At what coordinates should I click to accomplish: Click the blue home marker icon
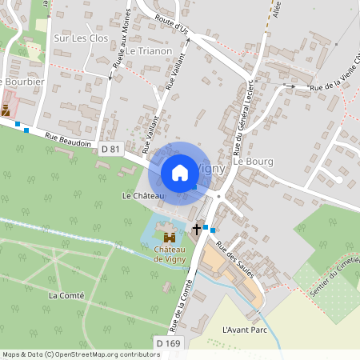point(180,172)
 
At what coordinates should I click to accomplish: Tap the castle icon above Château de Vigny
point(170,237)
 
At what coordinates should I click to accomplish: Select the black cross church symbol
point(196,230)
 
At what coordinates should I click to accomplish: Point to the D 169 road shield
point(169,343)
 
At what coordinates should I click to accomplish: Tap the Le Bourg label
point(253,162)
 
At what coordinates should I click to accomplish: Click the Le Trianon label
point(149,50)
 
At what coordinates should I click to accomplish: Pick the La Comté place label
point(66,295)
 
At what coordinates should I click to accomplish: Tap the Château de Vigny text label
point(170,253)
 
